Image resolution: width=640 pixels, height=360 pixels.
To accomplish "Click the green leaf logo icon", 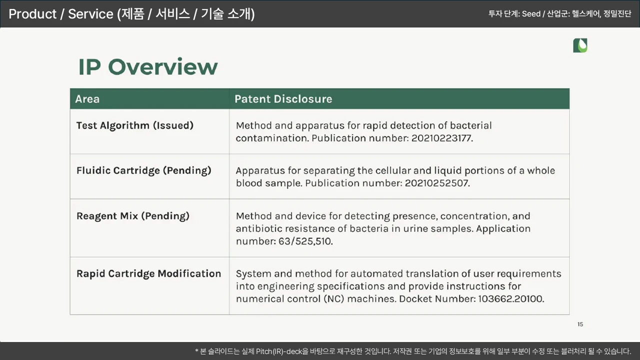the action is tap(580, 45).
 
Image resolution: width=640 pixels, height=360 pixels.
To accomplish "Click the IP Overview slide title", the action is tap(148, 67).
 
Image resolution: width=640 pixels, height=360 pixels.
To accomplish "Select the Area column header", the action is tap(87, 99).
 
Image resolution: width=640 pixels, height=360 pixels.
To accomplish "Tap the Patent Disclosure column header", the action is tap(283, 99).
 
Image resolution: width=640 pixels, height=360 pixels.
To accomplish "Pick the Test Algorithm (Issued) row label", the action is tap(135, 125).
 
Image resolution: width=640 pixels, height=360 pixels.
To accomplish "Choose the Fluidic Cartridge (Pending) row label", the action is tap(143, 170).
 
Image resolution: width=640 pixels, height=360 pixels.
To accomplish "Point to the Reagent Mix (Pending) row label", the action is tap(133, 216).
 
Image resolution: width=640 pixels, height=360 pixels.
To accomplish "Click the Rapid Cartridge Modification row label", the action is tap(148, 273).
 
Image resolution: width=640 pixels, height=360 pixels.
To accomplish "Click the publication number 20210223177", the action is tap(442, 138).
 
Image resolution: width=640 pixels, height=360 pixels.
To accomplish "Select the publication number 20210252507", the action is tap(437, 183).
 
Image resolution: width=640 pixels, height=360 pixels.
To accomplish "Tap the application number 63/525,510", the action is tap(305, 241).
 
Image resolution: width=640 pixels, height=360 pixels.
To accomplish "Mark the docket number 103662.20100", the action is tap(511, 299).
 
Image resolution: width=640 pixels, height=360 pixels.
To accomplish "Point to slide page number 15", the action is tap(580, 324).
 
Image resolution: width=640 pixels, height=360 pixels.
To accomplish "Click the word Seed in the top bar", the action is tap(531, 13).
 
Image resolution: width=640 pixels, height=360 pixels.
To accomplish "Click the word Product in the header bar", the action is tap(32, 14).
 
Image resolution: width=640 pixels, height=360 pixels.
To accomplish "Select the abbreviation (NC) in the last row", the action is tap(333, 299).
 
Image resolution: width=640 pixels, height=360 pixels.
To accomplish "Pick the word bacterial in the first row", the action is tap(471, 125).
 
